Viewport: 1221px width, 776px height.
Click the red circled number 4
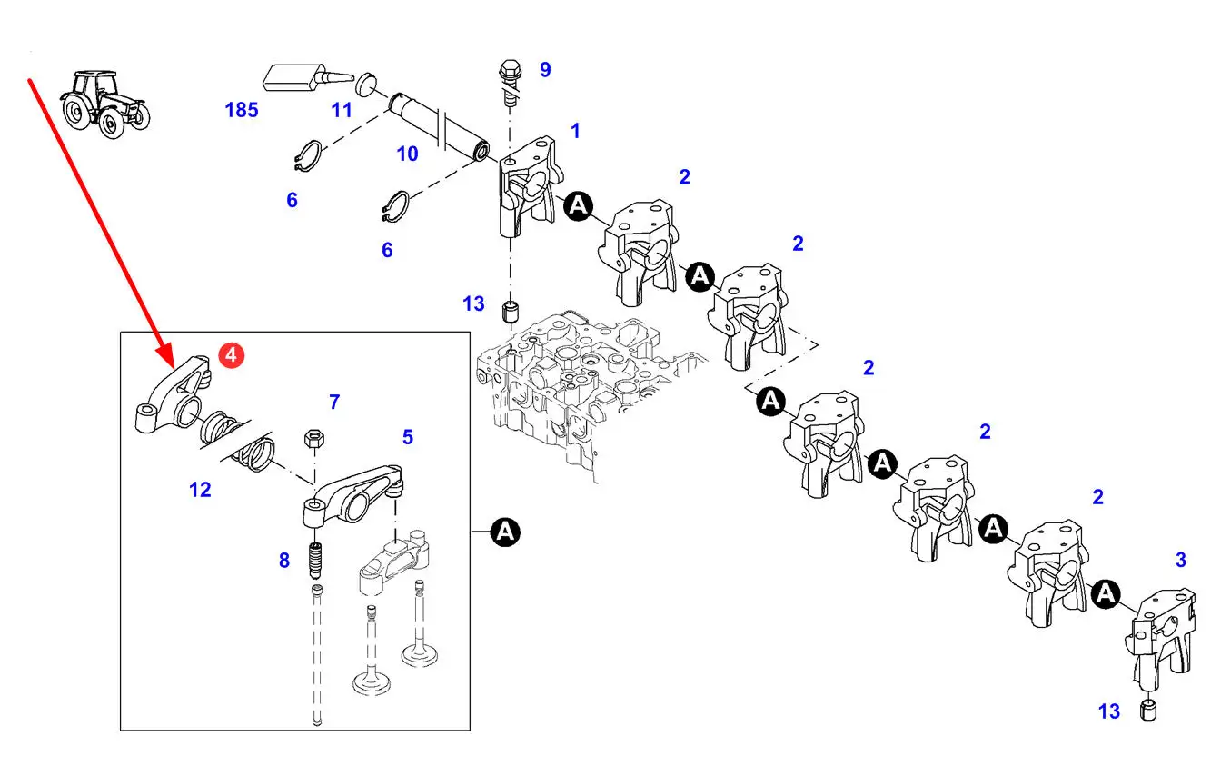point(231,355)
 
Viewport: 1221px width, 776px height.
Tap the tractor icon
point(104,104)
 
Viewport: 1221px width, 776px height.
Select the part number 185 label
point(242,110)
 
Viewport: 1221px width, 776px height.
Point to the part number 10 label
point(407,154)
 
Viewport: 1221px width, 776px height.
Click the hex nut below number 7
point(313,439)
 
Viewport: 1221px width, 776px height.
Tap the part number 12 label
point(200,490)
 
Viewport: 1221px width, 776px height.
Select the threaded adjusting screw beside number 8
point(315,562)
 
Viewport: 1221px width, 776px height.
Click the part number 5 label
point(408,437)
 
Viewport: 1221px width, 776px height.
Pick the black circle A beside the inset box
point(505,532)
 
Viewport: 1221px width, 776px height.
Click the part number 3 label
point(1181,560)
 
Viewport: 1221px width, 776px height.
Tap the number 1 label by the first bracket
point(575,131)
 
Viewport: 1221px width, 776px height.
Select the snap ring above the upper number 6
point(308,157)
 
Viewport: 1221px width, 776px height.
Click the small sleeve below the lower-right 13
point(1148,711)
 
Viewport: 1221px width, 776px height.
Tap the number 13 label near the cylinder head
point(473,303)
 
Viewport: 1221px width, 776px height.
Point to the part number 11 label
point(342,111)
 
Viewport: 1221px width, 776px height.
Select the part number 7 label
point(334,402)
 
